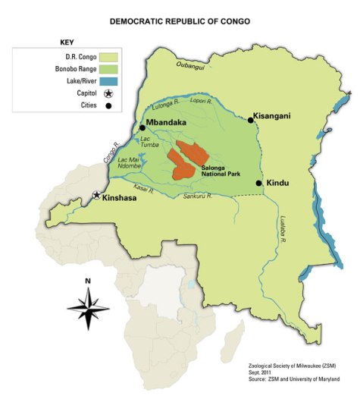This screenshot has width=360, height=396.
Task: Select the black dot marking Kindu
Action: pyautogui.click(x=259, y=183)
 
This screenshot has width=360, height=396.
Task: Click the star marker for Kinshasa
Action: pyautogui.click(x=96, y=195)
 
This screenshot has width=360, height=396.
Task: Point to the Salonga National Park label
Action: pyautogui.click(x=220, y=171)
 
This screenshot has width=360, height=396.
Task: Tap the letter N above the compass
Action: pyautogui.click(x=88, y=281)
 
